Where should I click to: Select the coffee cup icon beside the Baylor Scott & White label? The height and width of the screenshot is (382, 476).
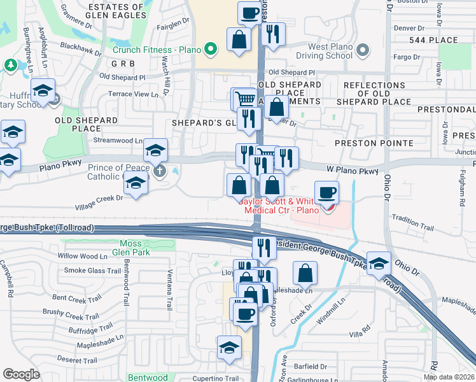[x=326, y=192]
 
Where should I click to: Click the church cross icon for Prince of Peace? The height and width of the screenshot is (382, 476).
[x=160, y=170]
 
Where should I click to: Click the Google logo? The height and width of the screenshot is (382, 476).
[x=21, y=374]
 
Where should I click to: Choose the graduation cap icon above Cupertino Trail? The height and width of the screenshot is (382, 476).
[x=229, y=347]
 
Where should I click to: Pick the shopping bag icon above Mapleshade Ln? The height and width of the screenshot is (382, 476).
[x=305, y=273]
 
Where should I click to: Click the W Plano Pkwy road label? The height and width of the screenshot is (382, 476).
[x=356, y=170]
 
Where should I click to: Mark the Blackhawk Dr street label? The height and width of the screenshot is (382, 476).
[x=81, y=49]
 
